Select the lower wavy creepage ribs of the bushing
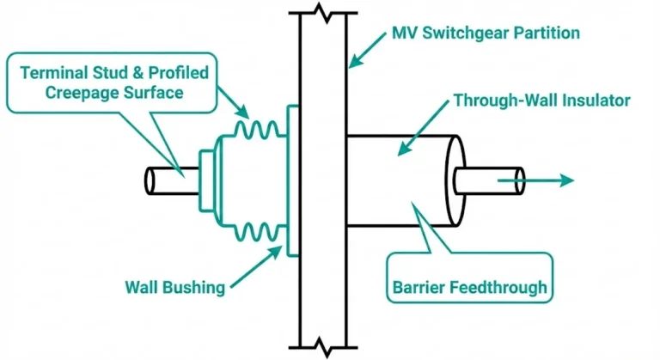coord(249,229)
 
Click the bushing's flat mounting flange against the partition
coord(291,180)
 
